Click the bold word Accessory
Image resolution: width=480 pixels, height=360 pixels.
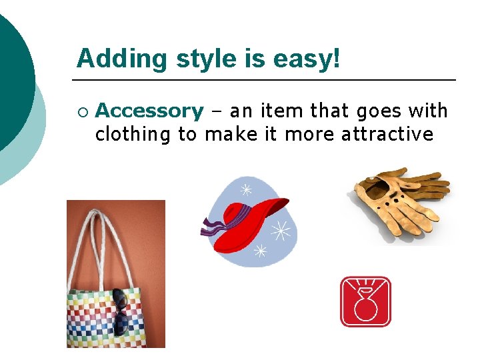click(x=150, y=111)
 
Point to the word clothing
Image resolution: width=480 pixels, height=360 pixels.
click(x=133, y=134)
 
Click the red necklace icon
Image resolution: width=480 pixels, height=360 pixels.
click(x=365, y=302)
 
